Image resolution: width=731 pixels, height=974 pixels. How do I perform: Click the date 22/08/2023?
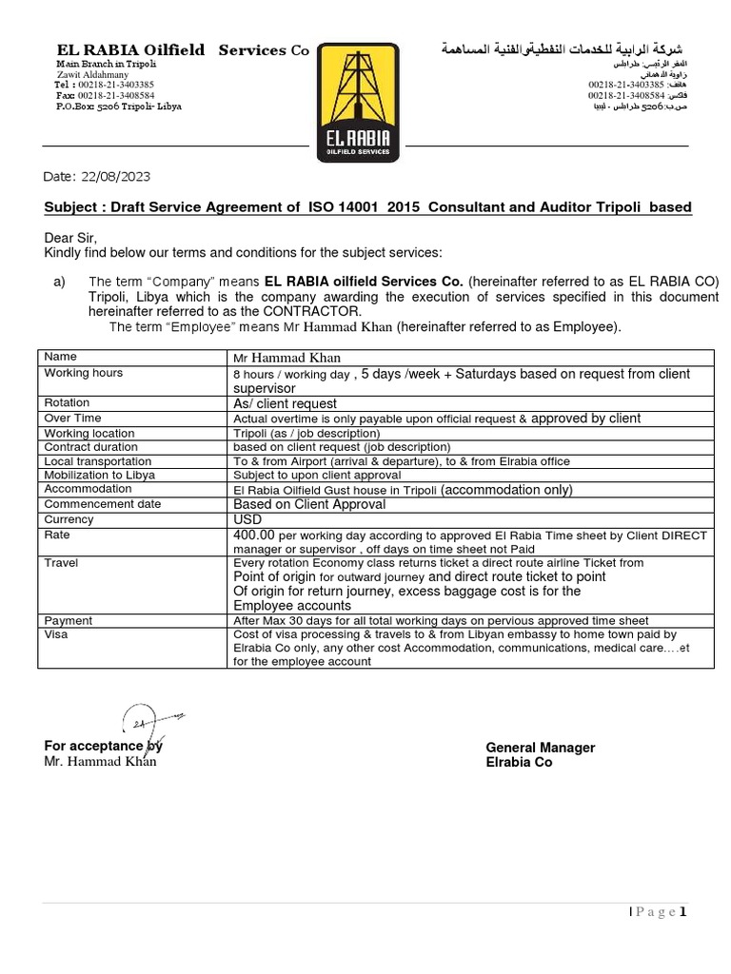[113, 177]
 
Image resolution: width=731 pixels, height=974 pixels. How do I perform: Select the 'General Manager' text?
[540, 748]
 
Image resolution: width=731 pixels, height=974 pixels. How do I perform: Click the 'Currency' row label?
[69, 519]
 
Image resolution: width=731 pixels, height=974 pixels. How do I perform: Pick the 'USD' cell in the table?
[247, 519]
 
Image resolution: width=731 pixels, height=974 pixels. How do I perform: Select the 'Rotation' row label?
[67, 403]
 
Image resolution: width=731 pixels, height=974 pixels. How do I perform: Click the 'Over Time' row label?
[72, 418]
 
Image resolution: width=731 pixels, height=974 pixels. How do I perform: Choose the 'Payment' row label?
[69, 620]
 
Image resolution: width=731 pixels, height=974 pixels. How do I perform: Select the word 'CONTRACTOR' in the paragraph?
[313, 312]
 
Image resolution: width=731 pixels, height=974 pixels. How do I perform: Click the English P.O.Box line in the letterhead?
[118, 107]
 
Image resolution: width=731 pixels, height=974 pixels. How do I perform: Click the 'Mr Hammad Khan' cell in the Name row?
[286, 358]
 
